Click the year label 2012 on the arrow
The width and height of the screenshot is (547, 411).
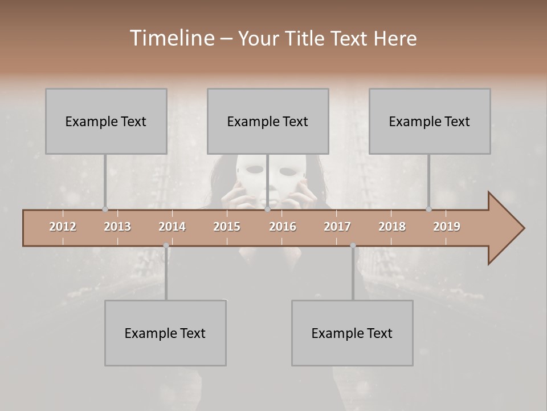pyautogui.click(x=63, y=227)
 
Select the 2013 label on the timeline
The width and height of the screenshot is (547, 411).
pyautogui.click(x=117, y=227)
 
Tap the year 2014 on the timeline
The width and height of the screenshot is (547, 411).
pyautogui.click(x=172, y=227)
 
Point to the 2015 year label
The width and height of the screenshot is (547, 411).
pyautogui.click(x=227, y=227)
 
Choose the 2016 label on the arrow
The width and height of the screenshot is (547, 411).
pyautogui.click(x=283, y=227)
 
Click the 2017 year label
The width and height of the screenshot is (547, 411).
pyautogui.click(x=337, y=227)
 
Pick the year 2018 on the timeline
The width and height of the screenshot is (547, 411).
pyautogui.click(x=392, y=227)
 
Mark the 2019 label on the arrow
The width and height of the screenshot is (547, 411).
pyautogui.click(x=447, y=227)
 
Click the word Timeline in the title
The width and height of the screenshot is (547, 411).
pyautogui.click(x=171, y=38)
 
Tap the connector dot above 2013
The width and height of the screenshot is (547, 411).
pyautogui.click(x=105, y=209)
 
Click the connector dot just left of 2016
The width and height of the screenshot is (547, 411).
pyautogui.click(x=267, y=209)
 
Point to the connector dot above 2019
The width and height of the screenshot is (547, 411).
pyautogui.click(x=429, y=209)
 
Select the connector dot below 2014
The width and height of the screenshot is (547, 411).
pyautogui.click(x=166, y=246)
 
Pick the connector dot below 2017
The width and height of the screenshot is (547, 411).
pyautogui.click(x=353, y=246)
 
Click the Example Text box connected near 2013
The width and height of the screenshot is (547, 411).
pyautogui.click(x=106, y=121)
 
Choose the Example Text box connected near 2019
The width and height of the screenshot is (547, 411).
pyautogui.click(x=430, y=121)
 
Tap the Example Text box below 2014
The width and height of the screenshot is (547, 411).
pyautogui.click(x=165, y=333)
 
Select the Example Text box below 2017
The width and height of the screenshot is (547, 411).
pyautogui.click(x=352, y=333)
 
